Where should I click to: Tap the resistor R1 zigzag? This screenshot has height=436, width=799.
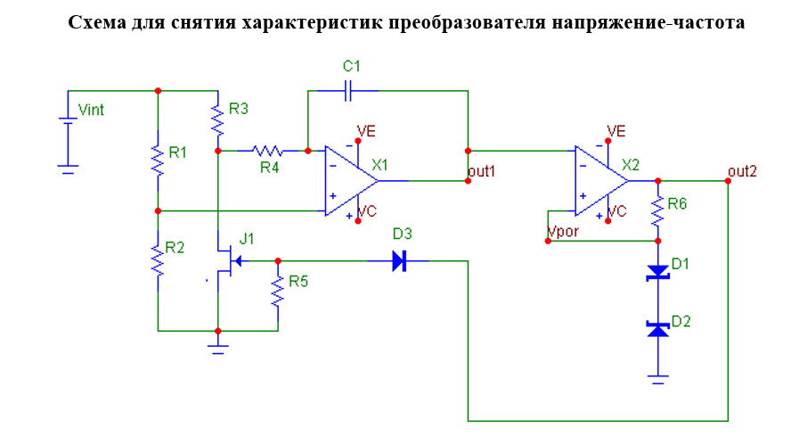158,160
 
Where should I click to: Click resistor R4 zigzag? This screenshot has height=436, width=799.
266,151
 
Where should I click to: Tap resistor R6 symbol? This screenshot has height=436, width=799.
657,212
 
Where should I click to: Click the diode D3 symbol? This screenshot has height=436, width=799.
399,261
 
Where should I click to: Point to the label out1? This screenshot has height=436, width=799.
481,170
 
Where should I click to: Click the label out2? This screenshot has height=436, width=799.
742,170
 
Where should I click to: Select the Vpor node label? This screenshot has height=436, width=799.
562,231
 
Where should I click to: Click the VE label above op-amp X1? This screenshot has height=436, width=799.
366,131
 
